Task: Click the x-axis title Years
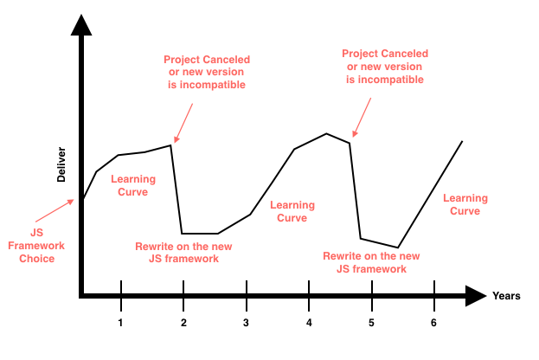(506, 296)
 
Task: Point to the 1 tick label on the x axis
(121, 322)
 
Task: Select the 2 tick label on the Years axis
(183, 322)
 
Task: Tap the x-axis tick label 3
(246, 322)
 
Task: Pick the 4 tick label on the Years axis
(309, 322)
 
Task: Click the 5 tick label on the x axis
(371, 322)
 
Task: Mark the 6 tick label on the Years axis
(433, 322)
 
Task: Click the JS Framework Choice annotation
(36, 245)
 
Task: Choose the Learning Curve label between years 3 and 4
(292, 211)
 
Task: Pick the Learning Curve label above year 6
(461, 204)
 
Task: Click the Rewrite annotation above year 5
(371, 262)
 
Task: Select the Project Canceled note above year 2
(205, 73)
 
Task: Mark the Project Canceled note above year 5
(384, 67)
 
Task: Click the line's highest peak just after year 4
(326, 133)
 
